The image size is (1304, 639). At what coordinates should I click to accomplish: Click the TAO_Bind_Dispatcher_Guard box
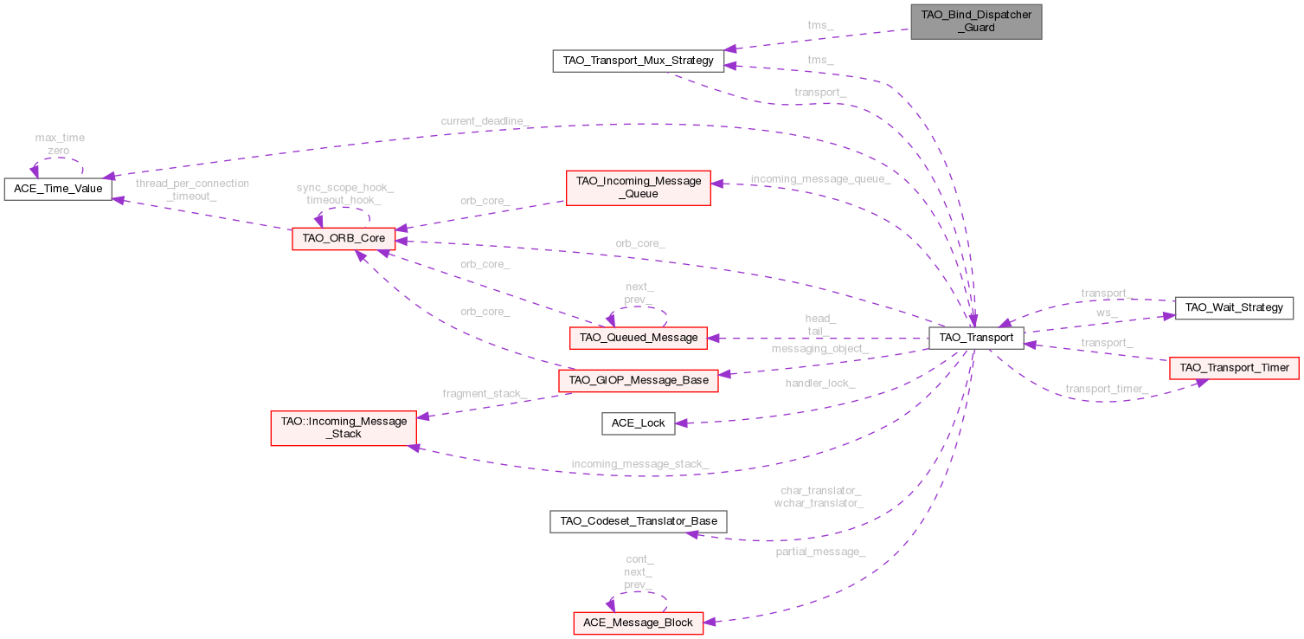tap(975, 22)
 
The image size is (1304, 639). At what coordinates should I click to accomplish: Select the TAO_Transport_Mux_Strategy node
tap(637, 61)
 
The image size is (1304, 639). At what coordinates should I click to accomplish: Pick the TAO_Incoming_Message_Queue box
tap(637, 188)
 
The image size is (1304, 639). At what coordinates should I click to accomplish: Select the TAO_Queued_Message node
tap(638, 338)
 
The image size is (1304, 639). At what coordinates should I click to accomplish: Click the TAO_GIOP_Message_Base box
tap(639, 380)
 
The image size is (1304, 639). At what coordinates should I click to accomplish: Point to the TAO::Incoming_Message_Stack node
tap(344, 428)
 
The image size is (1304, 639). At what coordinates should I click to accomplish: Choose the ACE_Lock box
tap(638, 423)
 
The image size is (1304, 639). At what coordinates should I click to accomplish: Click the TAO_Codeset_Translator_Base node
tap(638, 521)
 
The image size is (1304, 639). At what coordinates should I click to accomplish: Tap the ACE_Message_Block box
tap(638, 623)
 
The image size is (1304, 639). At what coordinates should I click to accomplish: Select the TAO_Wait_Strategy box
tap(1233, 307)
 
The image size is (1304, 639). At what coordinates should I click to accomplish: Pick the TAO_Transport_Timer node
tap(1234, 368)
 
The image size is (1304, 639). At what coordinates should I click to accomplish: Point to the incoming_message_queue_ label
tap(819, 179)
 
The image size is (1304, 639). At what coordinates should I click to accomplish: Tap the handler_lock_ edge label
tap(820, 383)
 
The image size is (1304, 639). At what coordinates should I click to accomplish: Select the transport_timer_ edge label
tap(1106, 390)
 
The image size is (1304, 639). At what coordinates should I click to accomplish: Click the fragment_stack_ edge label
tap(485, 393)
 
